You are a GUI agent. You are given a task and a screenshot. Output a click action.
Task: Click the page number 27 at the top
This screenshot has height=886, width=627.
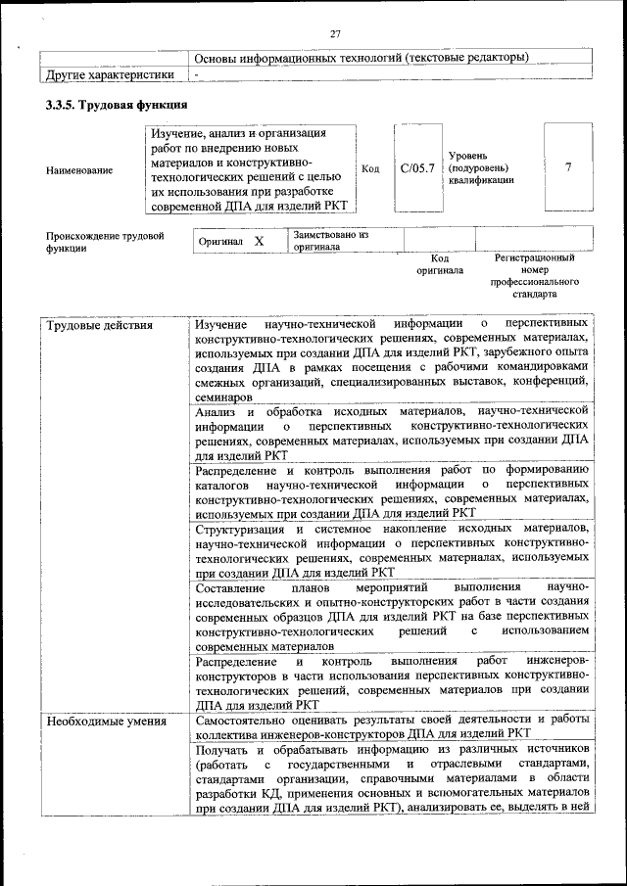click(x=334, y=33)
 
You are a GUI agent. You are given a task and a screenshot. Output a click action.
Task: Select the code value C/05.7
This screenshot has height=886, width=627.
click(x=417, y=168)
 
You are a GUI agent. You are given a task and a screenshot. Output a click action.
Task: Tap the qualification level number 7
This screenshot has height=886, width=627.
click(x=568, y=167)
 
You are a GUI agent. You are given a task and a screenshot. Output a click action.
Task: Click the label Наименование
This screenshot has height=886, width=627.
click(x=78, y=170)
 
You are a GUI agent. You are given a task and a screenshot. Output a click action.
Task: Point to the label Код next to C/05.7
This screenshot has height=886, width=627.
click(x=370, y=168)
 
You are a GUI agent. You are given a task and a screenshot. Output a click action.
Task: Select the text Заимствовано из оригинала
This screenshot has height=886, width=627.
click(x=329, y=241)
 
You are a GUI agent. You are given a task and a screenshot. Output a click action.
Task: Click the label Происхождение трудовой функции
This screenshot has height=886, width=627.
click(x=104, y=242)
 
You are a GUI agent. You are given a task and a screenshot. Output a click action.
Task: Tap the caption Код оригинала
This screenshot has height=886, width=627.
click(x=439, y=263)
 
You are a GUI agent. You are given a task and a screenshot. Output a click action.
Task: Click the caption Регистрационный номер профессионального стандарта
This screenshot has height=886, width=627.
click(x=535, y=275)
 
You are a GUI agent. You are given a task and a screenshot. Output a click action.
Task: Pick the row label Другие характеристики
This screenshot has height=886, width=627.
click(x=111, y=74)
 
